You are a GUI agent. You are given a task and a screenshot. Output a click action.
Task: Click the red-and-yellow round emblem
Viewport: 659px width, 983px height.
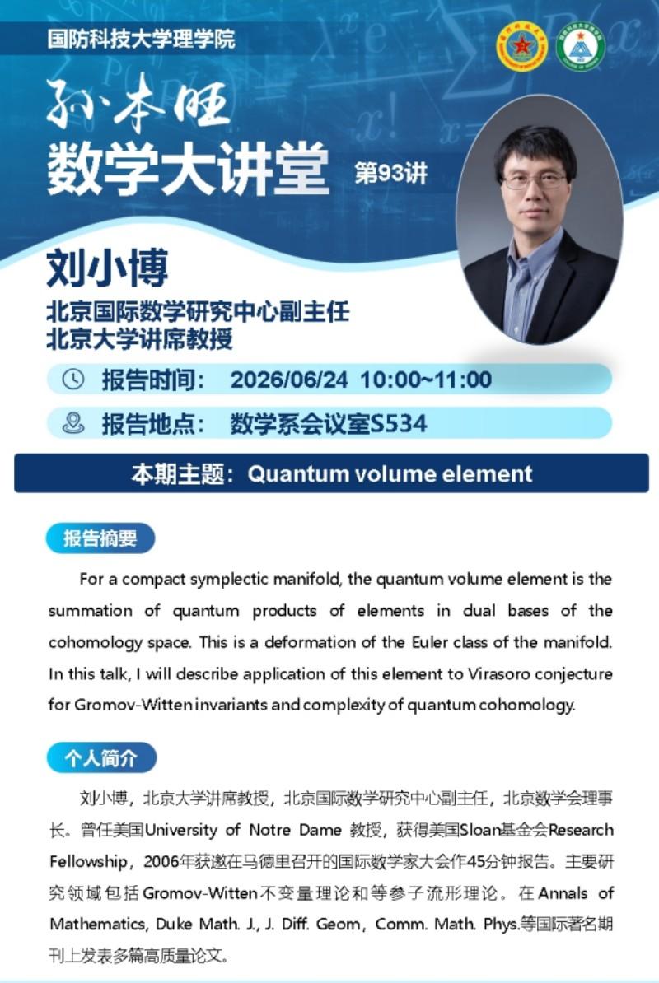pyautogui.click(x=521, y=46)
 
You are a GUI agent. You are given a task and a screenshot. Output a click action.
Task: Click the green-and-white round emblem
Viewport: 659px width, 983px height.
pyautogui.click(x=580, y=46)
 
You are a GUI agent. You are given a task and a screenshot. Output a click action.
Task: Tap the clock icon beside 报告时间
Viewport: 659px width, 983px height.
pyautogui.click(x=73, y=379)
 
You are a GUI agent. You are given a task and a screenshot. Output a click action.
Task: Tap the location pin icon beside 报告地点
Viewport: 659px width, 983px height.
pyautogui.click(x=73, y=423)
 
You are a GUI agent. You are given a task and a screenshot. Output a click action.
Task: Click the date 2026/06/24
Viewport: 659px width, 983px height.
pyautogui.click(x=289, y=380)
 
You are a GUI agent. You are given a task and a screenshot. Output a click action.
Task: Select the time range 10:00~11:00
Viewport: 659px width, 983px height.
pyautogui.click(x=426, y=380)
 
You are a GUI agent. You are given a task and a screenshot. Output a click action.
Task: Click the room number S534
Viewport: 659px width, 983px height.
pyautogui.click(x=399, y=424)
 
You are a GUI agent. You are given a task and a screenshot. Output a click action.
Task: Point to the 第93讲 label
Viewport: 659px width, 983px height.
pyautogui.click(x=390, y=173)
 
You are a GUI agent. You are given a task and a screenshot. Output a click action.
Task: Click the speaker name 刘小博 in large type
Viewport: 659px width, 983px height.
pyautogui.click(x=107, y=268)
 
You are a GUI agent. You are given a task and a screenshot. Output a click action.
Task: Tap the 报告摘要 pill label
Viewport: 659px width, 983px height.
pyautogui.click(x=100, y=538)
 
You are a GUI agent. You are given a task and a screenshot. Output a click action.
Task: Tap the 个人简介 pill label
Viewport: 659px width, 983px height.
pyautogui.click(x=101, y=758)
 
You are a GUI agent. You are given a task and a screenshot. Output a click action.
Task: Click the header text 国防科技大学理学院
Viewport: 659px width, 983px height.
pyautogui.click(x=141, y=39)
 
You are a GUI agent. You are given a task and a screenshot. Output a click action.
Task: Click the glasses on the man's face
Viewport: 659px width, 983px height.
pyautogui.click(x=535, y=182)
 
